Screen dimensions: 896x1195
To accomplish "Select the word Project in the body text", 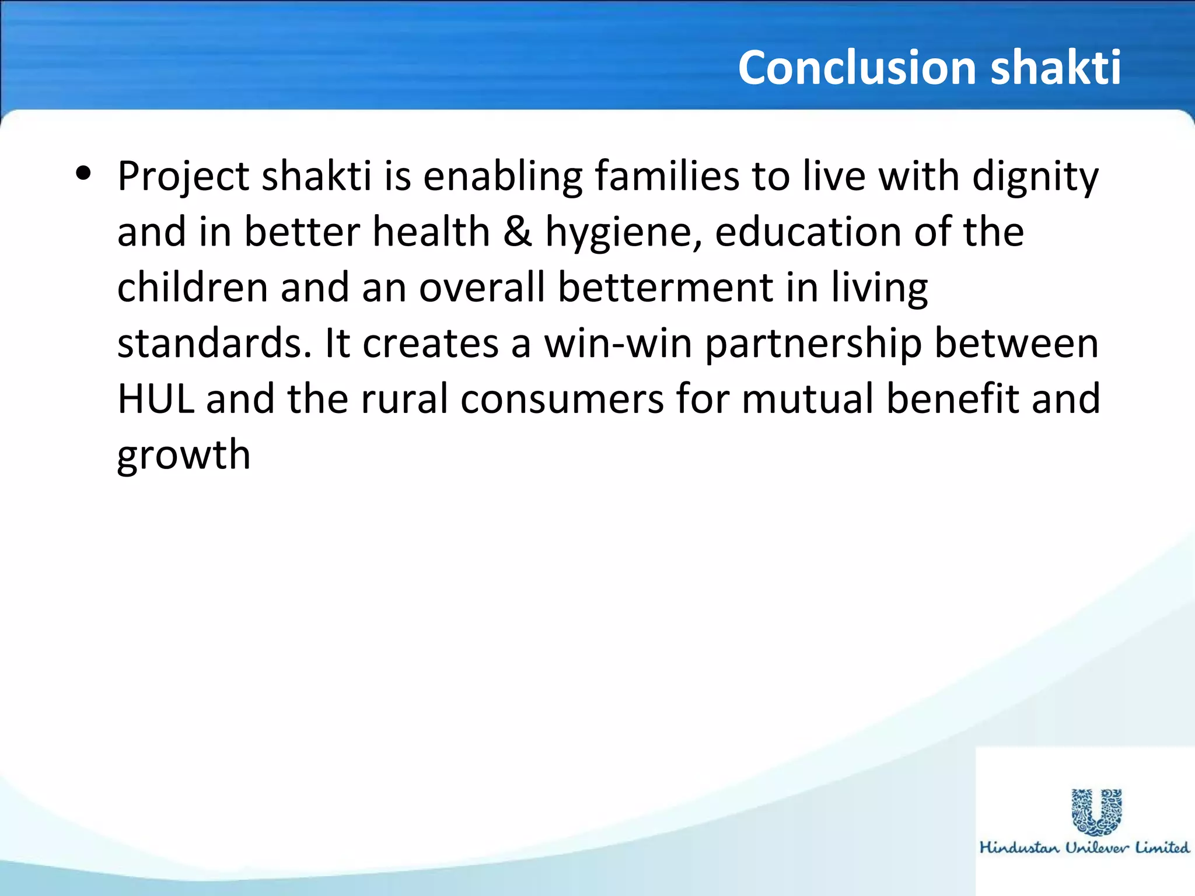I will [183, 177].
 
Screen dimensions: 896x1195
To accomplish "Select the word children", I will [192, 287].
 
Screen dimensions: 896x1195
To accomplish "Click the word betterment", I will [665, 287].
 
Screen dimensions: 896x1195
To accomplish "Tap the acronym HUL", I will [155, 399].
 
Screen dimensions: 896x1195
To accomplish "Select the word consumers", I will [561, 399].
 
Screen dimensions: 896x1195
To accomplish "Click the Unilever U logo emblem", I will [1096, 810].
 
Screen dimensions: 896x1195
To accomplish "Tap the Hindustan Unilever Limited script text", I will [1084, 848].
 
